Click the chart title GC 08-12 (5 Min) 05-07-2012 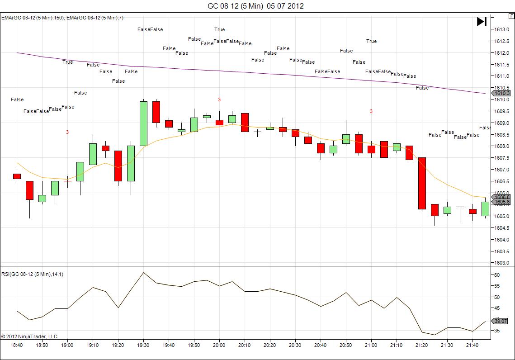255,6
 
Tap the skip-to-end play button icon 482,21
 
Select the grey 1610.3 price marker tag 501,93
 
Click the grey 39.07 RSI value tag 501,321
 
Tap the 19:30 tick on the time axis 143,345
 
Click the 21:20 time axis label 422,345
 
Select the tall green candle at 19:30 143,123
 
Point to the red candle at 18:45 29,190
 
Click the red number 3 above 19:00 67,132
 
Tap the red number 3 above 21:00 371,111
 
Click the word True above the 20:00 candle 219,29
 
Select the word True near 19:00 67,62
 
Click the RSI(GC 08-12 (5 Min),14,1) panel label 32,274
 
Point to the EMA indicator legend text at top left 62,18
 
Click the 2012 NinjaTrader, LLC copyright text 29,336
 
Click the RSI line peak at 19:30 143,272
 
